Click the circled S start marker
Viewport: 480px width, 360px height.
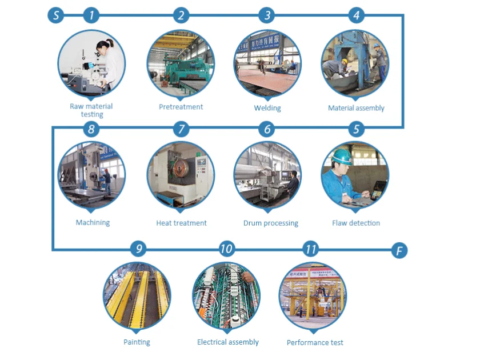point(55,15)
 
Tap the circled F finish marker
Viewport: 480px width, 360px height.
point(399,250)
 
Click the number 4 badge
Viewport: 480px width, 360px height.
point(357,15)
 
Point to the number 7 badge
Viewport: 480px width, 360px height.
point(181,129)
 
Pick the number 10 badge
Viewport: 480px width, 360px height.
point(227,249)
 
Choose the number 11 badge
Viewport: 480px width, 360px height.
point(311,249)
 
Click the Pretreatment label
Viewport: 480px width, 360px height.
point(181,107)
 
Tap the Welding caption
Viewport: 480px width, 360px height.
point(267,108)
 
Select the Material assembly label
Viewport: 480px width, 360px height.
point(356,108)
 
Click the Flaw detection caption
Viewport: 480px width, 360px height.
point(356,223)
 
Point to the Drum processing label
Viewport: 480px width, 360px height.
point(271,223)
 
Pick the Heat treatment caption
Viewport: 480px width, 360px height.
point(181,223)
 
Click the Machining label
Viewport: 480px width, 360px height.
point(93,222)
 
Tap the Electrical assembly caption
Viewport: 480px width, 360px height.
point(227,342)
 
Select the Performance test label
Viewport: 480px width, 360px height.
point(315,342)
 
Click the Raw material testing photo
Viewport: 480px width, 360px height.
point(91,62)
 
